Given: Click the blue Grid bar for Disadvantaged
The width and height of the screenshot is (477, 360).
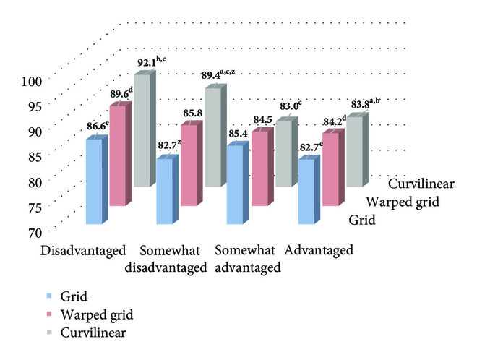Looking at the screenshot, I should click(94, 181).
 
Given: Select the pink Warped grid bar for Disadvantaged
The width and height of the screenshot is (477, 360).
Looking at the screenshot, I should click(117, 155).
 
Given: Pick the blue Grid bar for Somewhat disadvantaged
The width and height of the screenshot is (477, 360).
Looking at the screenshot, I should click(165, 191).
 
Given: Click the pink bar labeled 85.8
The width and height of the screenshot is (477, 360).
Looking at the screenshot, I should click(188, 165).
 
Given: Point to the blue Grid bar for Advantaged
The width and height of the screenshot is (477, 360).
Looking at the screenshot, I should click(307, 192).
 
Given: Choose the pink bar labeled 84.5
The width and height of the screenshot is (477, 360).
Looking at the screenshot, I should click(259, 168).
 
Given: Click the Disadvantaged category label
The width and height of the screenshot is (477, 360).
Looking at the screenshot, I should click(84, 251).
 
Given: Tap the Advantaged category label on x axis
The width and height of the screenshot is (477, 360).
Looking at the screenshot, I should click(319, 251).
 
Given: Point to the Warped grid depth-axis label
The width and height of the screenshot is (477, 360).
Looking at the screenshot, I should click(403, 202).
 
